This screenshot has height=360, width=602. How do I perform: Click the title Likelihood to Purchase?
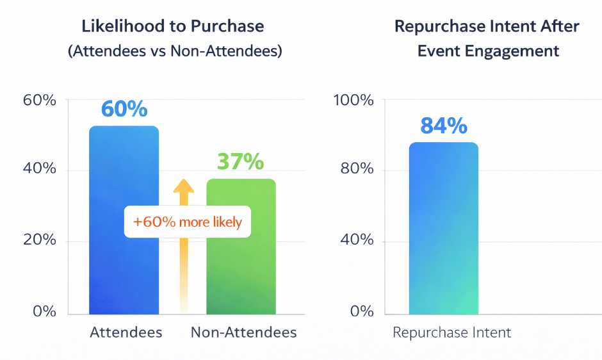click(x=173, y=26)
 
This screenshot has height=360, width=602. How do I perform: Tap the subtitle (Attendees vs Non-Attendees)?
click(x=175, y=51)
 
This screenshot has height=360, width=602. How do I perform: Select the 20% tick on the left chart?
click(x=40, y=240)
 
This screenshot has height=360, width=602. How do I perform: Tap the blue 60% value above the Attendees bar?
click(x=124, y=108)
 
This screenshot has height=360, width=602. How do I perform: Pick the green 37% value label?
click(x=240, y=161)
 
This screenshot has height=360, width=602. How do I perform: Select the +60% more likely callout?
click(x=188, y=222)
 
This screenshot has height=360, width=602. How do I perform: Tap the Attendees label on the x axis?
click(x=126, y=332)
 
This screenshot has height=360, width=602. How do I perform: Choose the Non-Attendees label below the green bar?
click(x=244, y=332)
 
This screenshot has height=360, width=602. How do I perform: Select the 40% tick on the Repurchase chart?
click(x=357, y=240)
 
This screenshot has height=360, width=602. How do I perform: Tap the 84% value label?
click(x=444, y=126)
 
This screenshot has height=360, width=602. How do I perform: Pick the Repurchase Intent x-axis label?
click(x=451, y=332)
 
